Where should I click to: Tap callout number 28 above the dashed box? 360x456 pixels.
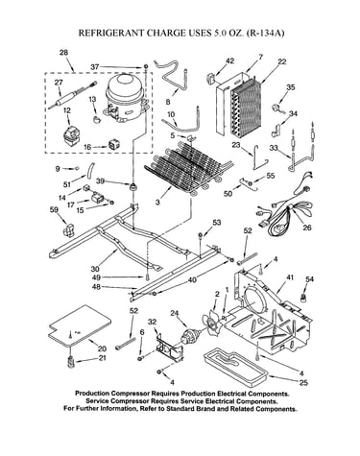[64, 53]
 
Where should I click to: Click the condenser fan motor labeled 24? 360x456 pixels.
[191, 336]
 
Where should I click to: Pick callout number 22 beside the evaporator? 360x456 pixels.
[281, 62]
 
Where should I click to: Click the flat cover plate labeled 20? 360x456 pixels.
[80, 325]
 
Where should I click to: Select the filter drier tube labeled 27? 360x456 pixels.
[72, 95]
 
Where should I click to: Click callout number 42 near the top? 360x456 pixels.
[229, 60]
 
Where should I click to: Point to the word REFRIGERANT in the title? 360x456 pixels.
[112, 33]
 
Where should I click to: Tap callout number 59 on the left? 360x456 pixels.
[54, 209]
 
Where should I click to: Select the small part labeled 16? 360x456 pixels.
[114, 145]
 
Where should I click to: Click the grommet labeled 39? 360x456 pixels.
[132, 186]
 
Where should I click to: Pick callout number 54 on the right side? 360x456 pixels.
[309, 279]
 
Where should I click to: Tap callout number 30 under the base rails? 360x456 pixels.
[95, 269]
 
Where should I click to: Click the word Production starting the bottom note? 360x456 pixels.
[91, 394]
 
